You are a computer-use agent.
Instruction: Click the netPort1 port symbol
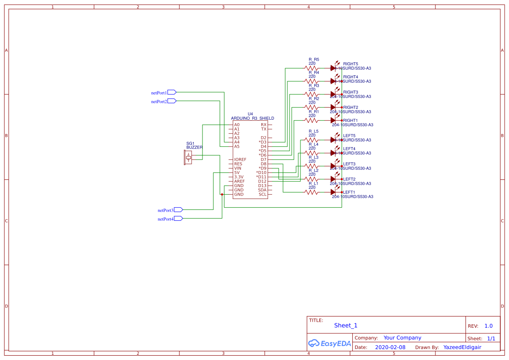point(172,92)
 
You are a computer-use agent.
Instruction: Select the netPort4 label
point(165,219)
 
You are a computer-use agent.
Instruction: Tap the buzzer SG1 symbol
point(188,157)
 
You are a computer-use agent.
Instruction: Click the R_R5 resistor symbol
point(311,68)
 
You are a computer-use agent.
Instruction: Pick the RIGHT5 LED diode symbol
point(334,67)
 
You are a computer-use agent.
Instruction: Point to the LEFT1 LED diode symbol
point(334,192)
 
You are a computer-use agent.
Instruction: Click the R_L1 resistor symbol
point(311,192)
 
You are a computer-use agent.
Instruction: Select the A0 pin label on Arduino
point(237,125)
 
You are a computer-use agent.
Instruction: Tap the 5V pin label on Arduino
point(237,173)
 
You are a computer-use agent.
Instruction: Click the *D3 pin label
point(263,142)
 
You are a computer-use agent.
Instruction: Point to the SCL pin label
point(263,195)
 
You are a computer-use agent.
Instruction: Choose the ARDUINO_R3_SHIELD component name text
point(253,118)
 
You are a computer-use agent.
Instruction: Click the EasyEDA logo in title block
point(330,343)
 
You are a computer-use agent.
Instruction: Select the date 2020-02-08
point(390,347)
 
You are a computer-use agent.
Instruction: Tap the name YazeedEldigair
point(462,347)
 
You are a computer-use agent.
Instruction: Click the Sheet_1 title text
point(346,326)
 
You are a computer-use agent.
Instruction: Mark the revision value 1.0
point(489,326)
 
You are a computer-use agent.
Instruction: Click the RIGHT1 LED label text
point(351,121)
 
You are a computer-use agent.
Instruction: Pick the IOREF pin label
point(240,160)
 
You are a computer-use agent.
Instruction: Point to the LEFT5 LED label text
point(349,136)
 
